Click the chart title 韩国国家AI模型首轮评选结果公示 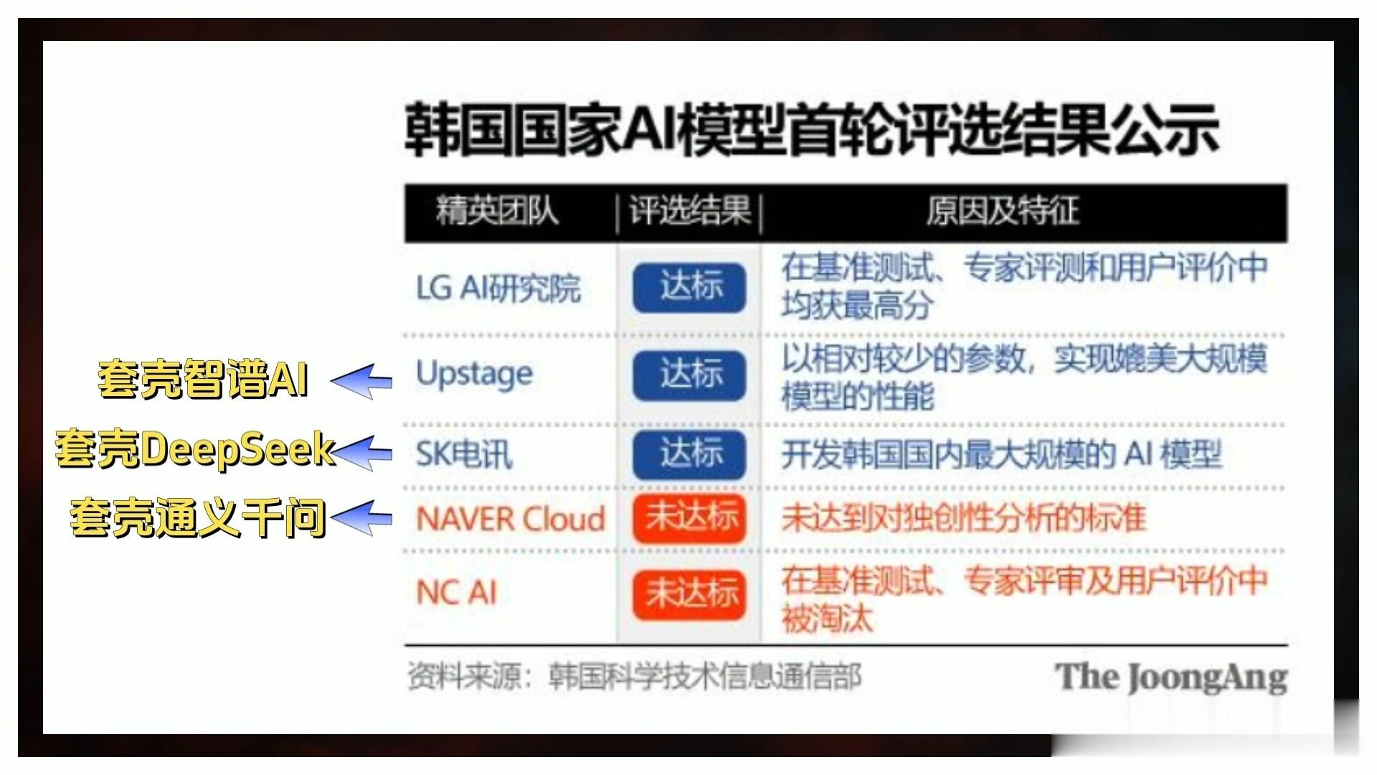pos(812,131)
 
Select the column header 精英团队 pos(497,211)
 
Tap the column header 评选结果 pos(689,211)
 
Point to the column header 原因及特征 pos(1002,211)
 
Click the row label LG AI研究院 pos(498,288)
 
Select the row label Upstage pos(474,374)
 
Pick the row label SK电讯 pos(464,454)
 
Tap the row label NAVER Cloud pos(511,518)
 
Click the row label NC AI pos(456,593)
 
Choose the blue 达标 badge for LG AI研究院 pos(689,288)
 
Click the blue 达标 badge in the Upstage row pos(689,375)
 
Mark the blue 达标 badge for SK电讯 pos(689,454)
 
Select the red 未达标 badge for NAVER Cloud pos(689,518)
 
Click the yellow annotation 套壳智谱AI pos(204,378)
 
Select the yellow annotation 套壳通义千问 pos(198,517)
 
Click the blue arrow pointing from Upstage pos(361,380)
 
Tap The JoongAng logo pos(1171,677)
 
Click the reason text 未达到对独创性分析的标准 pos(964,518)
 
